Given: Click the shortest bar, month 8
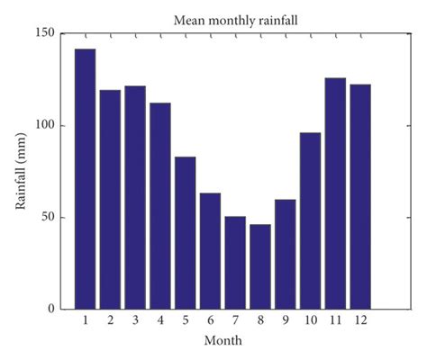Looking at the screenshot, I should (x=259, y=266).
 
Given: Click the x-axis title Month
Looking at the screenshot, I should (x=223, y=341).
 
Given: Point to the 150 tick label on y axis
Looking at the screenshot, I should (x=44, y=33).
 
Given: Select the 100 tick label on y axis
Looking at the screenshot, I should (x=44, y=125).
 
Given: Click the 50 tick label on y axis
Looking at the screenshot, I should (x=48, y=217).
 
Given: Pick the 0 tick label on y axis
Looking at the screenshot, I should (x=51, y=309).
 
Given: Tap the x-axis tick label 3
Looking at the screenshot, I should (x=135, y=321).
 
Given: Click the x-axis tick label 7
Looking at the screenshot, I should (x=235, y=321).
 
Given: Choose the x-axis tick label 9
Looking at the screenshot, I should (x=285, y=321).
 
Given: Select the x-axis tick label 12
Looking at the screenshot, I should (x=360, y=321).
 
